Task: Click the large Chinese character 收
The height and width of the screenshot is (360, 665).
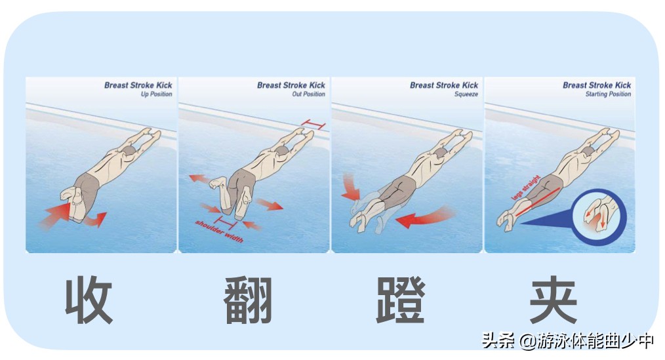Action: coord(89,301)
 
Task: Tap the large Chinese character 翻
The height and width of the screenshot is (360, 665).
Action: coord(248,301)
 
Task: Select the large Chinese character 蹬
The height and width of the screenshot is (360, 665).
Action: coord(401,301)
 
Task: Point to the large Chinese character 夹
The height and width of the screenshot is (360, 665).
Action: coord(554,301)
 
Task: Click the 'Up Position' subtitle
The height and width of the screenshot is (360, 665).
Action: coord(156,94)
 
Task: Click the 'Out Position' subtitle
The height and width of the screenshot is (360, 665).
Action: coord(308,94)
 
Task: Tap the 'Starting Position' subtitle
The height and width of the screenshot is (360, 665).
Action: coord(608,94)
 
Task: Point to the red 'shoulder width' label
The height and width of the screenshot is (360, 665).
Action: coord(220,231)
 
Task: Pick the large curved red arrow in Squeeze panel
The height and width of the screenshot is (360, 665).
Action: coord(425,217)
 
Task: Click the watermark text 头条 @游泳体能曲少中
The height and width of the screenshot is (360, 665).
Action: coord(568,341)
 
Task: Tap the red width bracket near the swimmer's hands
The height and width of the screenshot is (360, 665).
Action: coord(313,124)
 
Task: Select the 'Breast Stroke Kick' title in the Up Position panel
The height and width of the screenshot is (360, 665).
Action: coord(138,85)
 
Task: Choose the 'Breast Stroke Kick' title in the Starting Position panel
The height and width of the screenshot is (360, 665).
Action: coord(596,85)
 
